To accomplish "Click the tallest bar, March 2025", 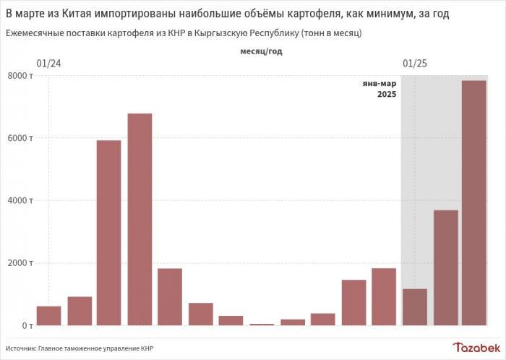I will point(474,202).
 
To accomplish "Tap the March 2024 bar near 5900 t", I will point(109,232).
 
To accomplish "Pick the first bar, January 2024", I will point(48,316).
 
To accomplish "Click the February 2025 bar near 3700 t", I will point(445,267).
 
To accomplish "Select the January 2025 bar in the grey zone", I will point(414,307).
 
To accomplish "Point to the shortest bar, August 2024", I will point(262,324).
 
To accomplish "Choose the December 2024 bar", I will point(384,296).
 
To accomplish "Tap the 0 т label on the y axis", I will point(24,325).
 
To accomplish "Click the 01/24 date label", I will point(48,64).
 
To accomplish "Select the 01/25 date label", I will point(414,64).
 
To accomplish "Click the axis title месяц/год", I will point(262,51).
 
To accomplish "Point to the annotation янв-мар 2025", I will point(380,89).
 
